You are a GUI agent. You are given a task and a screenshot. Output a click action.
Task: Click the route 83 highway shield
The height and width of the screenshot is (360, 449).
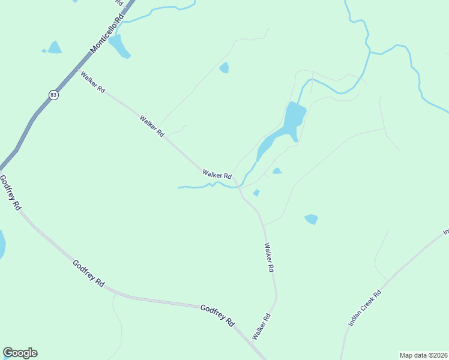click(x=54, y=95)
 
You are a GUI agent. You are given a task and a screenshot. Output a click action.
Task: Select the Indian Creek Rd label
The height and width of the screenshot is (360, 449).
click(x=364, y=309)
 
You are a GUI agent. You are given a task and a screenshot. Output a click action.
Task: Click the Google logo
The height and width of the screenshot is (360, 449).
click(x=20, y=353)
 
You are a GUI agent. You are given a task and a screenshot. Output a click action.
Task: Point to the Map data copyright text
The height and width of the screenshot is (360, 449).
click(x=424, y=355)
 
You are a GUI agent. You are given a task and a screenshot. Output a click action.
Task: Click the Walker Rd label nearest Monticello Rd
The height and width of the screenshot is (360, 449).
click(x=93, y=82)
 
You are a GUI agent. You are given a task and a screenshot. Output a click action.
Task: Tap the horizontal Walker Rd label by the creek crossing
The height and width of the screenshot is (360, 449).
click(x=217, y=175)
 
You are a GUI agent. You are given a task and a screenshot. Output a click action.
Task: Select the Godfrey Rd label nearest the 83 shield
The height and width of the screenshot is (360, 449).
click(x=10, y=192)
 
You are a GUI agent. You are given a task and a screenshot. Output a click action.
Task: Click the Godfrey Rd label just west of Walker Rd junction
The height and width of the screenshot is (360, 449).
click(x=217, y=315)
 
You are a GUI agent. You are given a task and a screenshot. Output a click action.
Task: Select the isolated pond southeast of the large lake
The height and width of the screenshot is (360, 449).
click(x=311, y=219)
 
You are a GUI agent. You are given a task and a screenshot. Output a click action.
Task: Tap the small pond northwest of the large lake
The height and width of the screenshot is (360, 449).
click(x=224, y=68)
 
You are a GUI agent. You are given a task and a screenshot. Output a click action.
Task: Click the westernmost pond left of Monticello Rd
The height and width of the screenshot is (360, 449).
click(x=54, y=47)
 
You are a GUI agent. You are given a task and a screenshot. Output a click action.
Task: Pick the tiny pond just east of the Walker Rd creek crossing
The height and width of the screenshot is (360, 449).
click(x=256, y=193)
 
